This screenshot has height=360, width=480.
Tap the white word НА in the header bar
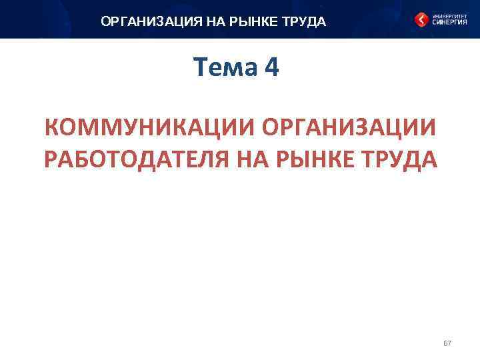[x=201, y=22]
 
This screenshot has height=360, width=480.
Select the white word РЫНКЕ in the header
[x=240, y=22]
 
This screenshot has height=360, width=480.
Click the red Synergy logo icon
[x=421, y=20]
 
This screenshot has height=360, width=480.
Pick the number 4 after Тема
[x=270, y=67]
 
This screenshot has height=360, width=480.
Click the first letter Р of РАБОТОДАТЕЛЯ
[x=51, y=161]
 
